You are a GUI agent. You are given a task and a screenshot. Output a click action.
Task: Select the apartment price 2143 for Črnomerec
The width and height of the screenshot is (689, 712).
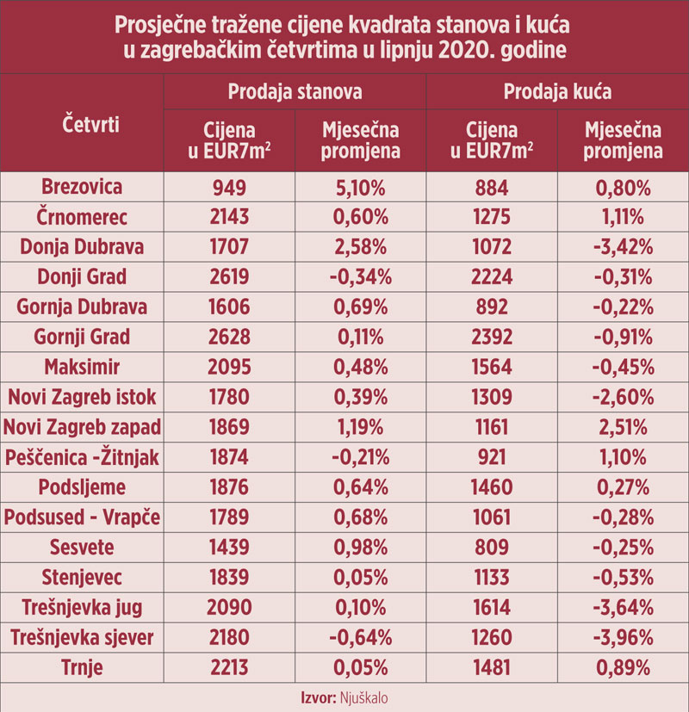coord(229,217)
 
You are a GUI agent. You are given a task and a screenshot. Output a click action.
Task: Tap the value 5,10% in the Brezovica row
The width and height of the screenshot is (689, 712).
coord(360,187)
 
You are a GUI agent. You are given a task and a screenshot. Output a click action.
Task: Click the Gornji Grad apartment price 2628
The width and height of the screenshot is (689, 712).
coord(229,337)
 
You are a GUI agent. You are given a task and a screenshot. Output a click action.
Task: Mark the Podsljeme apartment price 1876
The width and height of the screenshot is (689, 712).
coord(229,487)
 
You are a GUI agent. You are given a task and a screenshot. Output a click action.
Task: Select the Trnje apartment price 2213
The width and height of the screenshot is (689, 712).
coord(229,668)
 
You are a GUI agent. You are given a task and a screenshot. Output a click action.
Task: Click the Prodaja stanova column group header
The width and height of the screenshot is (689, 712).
coord(295,91)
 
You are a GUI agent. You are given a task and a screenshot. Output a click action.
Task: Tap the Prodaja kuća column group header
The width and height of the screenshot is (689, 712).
coord(558,91)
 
